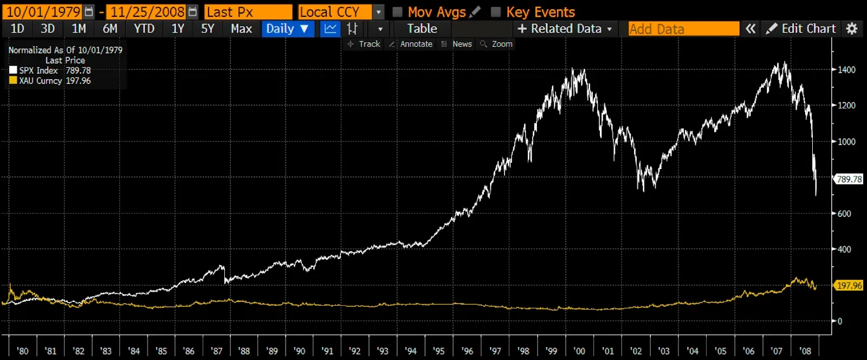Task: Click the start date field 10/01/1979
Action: (43, 12)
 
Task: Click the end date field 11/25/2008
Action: (147, 12)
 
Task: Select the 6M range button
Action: (110, 29)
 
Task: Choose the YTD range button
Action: (144, 29)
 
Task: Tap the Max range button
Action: (241, 29)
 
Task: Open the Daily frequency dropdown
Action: (287, 29)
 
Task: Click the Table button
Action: (422, 29)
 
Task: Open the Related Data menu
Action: (565, 29)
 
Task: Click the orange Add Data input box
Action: (683, 29)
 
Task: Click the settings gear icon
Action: (852, 29)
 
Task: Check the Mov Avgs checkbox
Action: (398, 12)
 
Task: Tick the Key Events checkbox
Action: (496, 12)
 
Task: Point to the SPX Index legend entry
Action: (38, 70)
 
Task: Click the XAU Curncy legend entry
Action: (40, 81)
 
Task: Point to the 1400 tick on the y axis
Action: (846, 70)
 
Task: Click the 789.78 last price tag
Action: (849, 179)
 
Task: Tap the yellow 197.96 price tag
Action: (849, 285)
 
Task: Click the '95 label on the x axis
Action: (438, 351)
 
